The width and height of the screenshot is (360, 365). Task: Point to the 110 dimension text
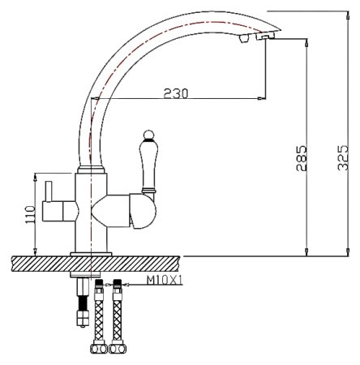(x=30, y=215)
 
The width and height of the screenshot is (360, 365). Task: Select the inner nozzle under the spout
(x=242, y=40)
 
